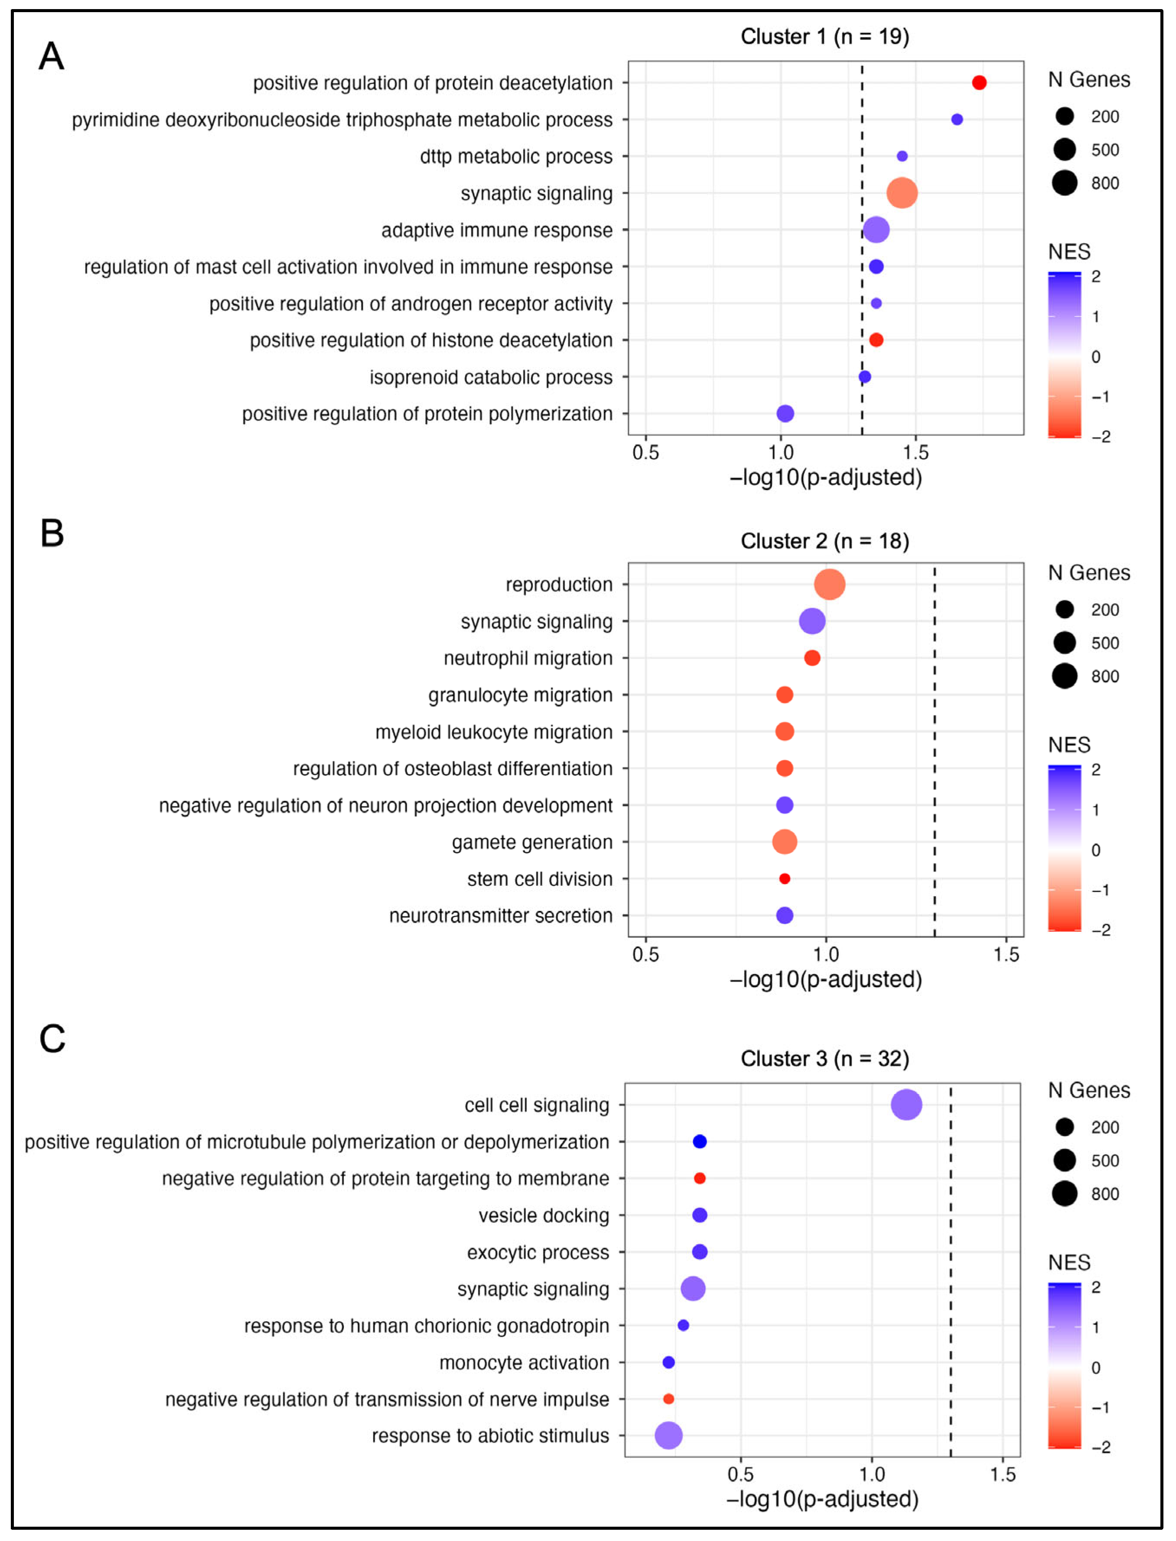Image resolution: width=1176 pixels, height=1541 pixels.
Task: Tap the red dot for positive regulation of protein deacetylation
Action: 979,83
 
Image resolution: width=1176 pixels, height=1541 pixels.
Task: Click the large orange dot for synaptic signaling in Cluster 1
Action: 902,193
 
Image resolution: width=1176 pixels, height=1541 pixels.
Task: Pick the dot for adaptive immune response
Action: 876,230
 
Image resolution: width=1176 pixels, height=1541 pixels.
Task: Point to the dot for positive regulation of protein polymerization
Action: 785,413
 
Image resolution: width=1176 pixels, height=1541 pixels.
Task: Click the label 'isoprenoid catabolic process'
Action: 491,377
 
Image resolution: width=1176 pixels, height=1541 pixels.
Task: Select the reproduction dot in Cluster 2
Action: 830,584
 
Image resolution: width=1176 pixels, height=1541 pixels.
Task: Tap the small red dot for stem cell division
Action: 785,879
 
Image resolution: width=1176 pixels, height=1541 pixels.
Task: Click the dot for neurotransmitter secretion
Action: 785,915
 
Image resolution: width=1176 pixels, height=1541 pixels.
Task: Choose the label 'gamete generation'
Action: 532,842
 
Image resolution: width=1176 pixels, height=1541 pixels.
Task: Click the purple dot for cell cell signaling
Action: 906,1105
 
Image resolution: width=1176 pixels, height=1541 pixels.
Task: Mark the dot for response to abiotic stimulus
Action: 668,1436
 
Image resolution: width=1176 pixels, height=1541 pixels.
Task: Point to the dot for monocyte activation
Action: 668,1362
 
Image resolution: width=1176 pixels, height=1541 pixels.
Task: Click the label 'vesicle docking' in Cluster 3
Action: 544,1216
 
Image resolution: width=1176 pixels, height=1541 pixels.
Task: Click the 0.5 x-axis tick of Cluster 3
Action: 741,1475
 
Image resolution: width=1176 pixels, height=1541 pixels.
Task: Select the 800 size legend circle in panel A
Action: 1065,183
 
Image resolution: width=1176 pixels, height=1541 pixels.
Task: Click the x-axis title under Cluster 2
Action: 826,979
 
